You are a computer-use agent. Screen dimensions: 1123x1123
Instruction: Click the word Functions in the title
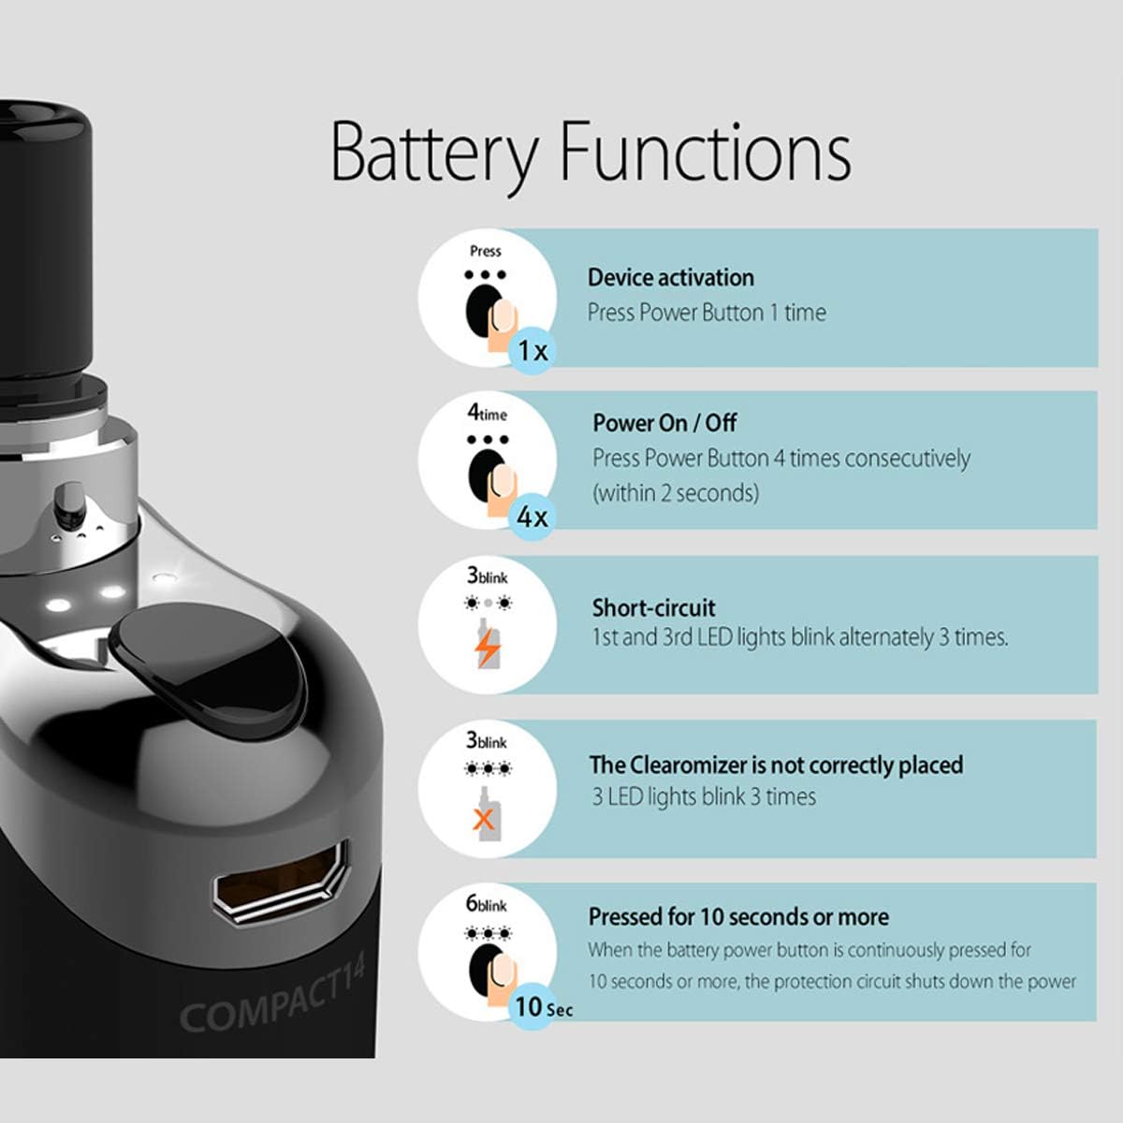pyautogui.click(x=705, y=152)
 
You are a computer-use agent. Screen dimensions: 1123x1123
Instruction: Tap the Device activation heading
pyautogui.click(x=670, y=278)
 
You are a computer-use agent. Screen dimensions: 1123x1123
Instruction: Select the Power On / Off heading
pyautogui.click(x=664, y=423)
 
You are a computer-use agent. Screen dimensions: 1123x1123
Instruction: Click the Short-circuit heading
pyautogui.click(x=653, y=607)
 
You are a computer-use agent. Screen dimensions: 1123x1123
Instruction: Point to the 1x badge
pyautogui.click(x=532, y=351)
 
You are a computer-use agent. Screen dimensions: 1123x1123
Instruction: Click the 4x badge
pyautogui.click(x=532, y=517)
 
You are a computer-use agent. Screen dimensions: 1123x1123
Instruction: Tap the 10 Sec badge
pyautogui.click(x=542, y=1007)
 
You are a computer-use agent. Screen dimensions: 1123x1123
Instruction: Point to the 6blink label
pyautogui.click(x=486, y=904)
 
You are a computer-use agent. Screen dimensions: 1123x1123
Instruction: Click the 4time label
pyautogui.click(x=487, y=413)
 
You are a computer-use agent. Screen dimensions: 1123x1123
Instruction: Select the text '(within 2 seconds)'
pyautogui.click(x=675, y=493)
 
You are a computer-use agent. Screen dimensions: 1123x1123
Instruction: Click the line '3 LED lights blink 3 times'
pyautogui.click(x=703, y=797)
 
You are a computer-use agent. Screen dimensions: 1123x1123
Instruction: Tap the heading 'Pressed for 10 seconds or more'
pyautogui.click(x=738, y=917)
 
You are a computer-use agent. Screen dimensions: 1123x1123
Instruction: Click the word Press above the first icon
pyautogui.click(x=486, y=251)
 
